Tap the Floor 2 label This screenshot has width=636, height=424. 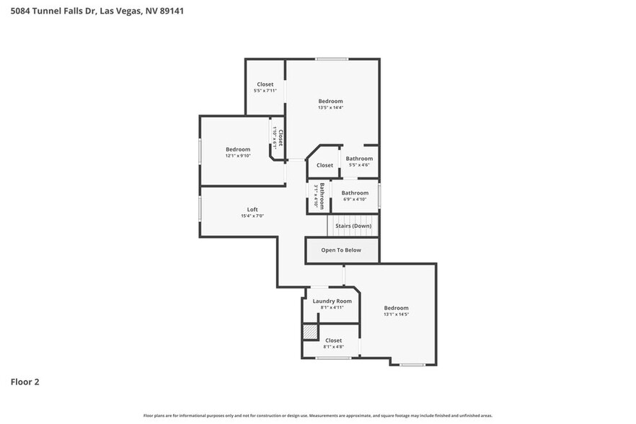[x=25, y=381]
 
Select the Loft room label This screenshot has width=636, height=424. [x=252, y=210]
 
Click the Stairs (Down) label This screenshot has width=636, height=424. [x=353, y=226]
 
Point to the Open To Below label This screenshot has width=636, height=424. [x=341, y=250]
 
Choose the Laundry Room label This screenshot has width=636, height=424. [x=332, y=301]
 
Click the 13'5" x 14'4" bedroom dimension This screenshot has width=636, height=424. [x=330, y=107]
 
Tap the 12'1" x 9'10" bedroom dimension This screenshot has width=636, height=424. [x=238, y=156]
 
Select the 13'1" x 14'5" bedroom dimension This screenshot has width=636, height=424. [x=396, y=314]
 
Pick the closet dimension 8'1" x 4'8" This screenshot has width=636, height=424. [x=333, y=347]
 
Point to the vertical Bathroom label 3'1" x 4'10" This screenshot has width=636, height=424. [x=319, y=196]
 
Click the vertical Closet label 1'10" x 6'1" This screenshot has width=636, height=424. [x=278, y=137]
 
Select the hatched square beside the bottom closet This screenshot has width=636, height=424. [x=309, y=332]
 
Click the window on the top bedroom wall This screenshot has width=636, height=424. [x=332, y=59]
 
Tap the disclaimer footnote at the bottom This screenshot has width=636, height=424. [x=317, y=415]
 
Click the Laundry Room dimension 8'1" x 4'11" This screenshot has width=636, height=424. [x=332, y=307]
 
